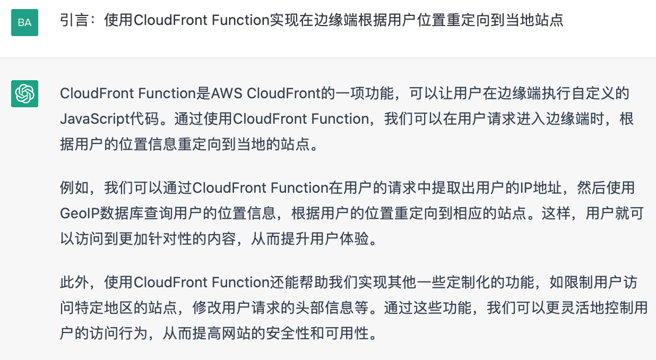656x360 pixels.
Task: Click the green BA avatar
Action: pos(24,22)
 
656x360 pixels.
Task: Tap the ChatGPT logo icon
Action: pos(24,93)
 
